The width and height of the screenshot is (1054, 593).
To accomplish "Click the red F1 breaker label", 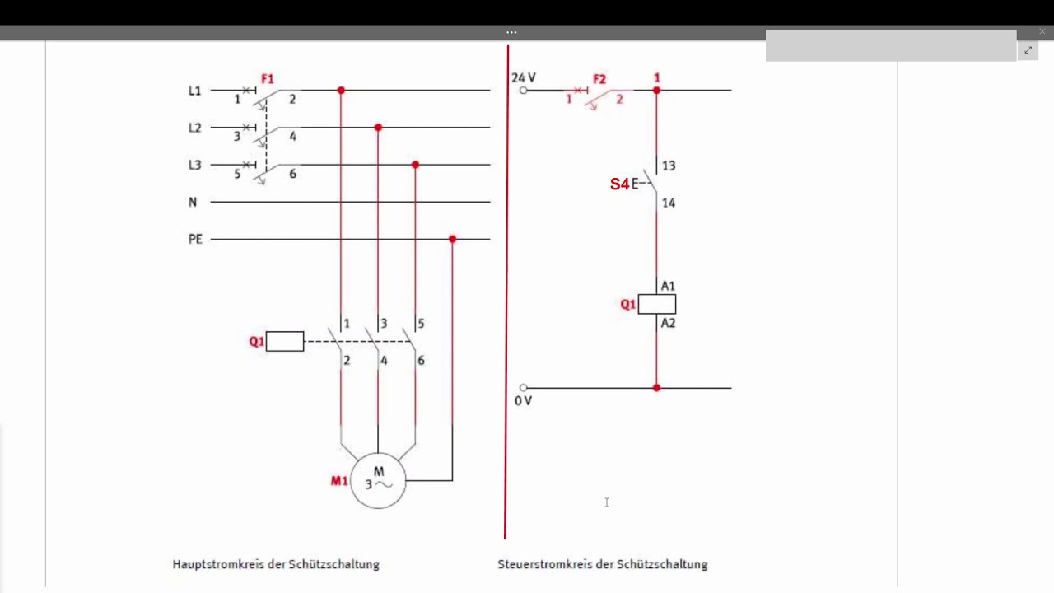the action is coord(268,78).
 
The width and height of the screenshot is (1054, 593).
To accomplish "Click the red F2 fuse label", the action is coord(599,79).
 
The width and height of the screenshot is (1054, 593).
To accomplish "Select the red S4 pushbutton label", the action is coord(619,184).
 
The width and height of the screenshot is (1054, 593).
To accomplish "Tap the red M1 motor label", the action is coord(339,480).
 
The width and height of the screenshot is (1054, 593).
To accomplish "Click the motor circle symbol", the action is coord(378,454).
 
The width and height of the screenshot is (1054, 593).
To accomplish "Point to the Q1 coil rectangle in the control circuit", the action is coord(657,304).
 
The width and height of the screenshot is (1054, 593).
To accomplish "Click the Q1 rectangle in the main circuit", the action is coord(285,341).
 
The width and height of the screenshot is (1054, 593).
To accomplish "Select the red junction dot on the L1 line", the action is coord(341,90).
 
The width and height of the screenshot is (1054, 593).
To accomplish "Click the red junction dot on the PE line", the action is coord(453,239).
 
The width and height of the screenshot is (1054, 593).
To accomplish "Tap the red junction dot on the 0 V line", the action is coord(657,388).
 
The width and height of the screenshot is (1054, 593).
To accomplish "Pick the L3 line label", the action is coord(195,165).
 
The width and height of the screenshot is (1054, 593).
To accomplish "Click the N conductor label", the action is coord(193,202).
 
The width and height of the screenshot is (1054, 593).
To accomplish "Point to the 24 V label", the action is coord(524,77).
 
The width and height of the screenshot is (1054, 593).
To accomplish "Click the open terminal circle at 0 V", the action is coord(523,388).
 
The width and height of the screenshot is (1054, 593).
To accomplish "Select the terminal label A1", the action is coord(668,286).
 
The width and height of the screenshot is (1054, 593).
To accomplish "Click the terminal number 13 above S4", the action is coord(669,166).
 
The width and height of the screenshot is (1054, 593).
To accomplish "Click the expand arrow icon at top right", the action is coord(1028,50).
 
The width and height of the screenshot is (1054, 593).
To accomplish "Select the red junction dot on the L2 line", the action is coord(378,128).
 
